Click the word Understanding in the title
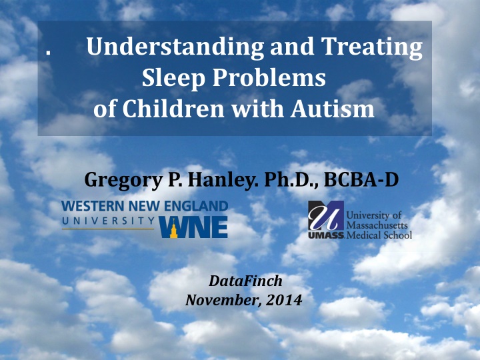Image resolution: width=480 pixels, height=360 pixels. coord(175,47)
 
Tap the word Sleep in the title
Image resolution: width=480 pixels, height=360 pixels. coord(173,78)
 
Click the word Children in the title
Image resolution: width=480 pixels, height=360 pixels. coord(173,109)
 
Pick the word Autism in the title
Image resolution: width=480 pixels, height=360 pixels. coord(332,109)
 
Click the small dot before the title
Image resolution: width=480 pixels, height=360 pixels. coord(48,53)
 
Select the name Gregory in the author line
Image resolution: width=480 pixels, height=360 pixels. coord(123,180)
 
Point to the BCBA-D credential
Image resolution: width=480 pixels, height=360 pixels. coord(361,179)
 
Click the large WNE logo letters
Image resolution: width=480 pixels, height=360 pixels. coord(193,227)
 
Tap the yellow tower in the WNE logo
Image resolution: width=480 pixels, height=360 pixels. coord(173,229)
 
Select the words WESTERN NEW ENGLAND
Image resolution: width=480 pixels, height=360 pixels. coord(145,206)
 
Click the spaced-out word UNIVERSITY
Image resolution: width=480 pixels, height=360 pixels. coord(108,221)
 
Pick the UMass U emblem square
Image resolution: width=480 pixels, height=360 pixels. coord(326,215)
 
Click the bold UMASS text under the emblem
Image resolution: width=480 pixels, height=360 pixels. coord(326,235)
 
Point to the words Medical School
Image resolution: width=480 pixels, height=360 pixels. coord(379,235)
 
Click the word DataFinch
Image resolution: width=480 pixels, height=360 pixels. coord(245,281)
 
